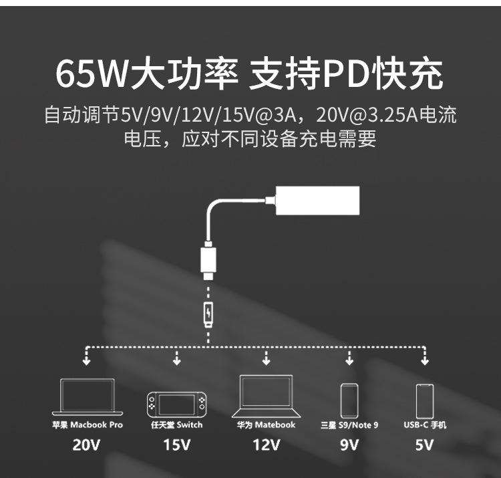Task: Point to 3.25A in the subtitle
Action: [377, 115]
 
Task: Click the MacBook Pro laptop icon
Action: [88, 397]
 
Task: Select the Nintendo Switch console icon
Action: [176, 404]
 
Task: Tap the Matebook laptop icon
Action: [266, 395]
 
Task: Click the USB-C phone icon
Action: [424, 400]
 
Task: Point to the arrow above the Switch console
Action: [176, 360]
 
